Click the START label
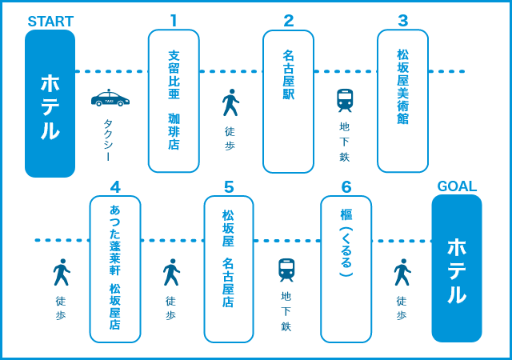(x=50, y=22)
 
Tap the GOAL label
(x=457, y=186)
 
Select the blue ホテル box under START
(x=50, y=104)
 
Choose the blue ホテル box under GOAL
(x=457, y=269)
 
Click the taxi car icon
(x=110, y=98)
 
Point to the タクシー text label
(x=108, y=140)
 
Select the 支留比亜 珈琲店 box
(x=174, y=101)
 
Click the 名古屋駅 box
(x=288, y=101)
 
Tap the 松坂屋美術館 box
(x=402, y=101)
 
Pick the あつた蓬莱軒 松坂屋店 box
(x=115, y=269)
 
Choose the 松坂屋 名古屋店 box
(x=229, y=269)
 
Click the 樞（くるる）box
(x=346, y=269)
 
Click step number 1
(x=174, y=21)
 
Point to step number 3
(x=402, y=21)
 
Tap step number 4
(x=115, y=187)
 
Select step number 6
(x=346, y=187)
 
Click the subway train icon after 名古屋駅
(x=345, y=100)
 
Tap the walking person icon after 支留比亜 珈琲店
(x=230, y=102)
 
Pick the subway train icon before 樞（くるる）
(x=286, y=270)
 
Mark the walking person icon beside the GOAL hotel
(x=402, y=272)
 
